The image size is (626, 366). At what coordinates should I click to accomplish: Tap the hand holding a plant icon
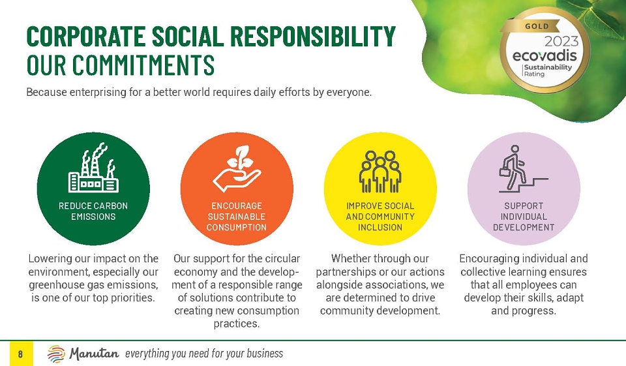(237, 168)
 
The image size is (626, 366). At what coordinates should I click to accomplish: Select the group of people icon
(380, 172)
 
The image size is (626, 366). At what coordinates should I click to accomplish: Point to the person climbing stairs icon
(523, 168)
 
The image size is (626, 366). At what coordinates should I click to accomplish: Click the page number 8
(20, 354)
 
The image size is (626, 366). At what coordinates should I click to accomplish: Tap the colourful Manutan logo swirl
(56, 354)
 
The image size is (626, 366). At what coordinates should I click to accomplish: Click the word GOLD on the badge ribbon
(537, 26)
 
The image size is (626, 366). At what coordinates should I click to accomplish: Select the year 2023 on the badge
(561, 41)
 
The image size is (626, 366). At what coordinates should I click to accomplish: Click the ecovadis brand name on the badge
(544, 55)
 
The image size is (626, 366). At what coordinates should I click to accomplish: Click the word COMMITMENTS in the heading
(143, 65)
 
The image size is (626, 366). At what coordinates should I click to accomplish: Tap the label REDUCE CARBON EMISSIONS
(93, 211)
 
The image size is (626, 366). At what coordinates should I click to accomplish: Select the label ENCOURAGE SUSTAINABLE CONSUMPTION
(237, 217)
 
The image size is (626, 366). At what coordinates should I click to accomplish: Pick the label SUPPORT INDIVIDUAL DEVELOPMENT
(524, 217)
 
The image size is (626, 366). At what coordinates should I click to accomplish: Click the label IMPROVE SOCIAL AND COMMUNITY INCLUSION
(380, 217)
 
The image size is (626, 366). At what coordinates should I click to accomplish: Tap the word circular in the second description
(282, 258)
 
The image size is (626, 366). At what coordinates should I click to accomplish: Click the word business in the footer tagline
(265, 354)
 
